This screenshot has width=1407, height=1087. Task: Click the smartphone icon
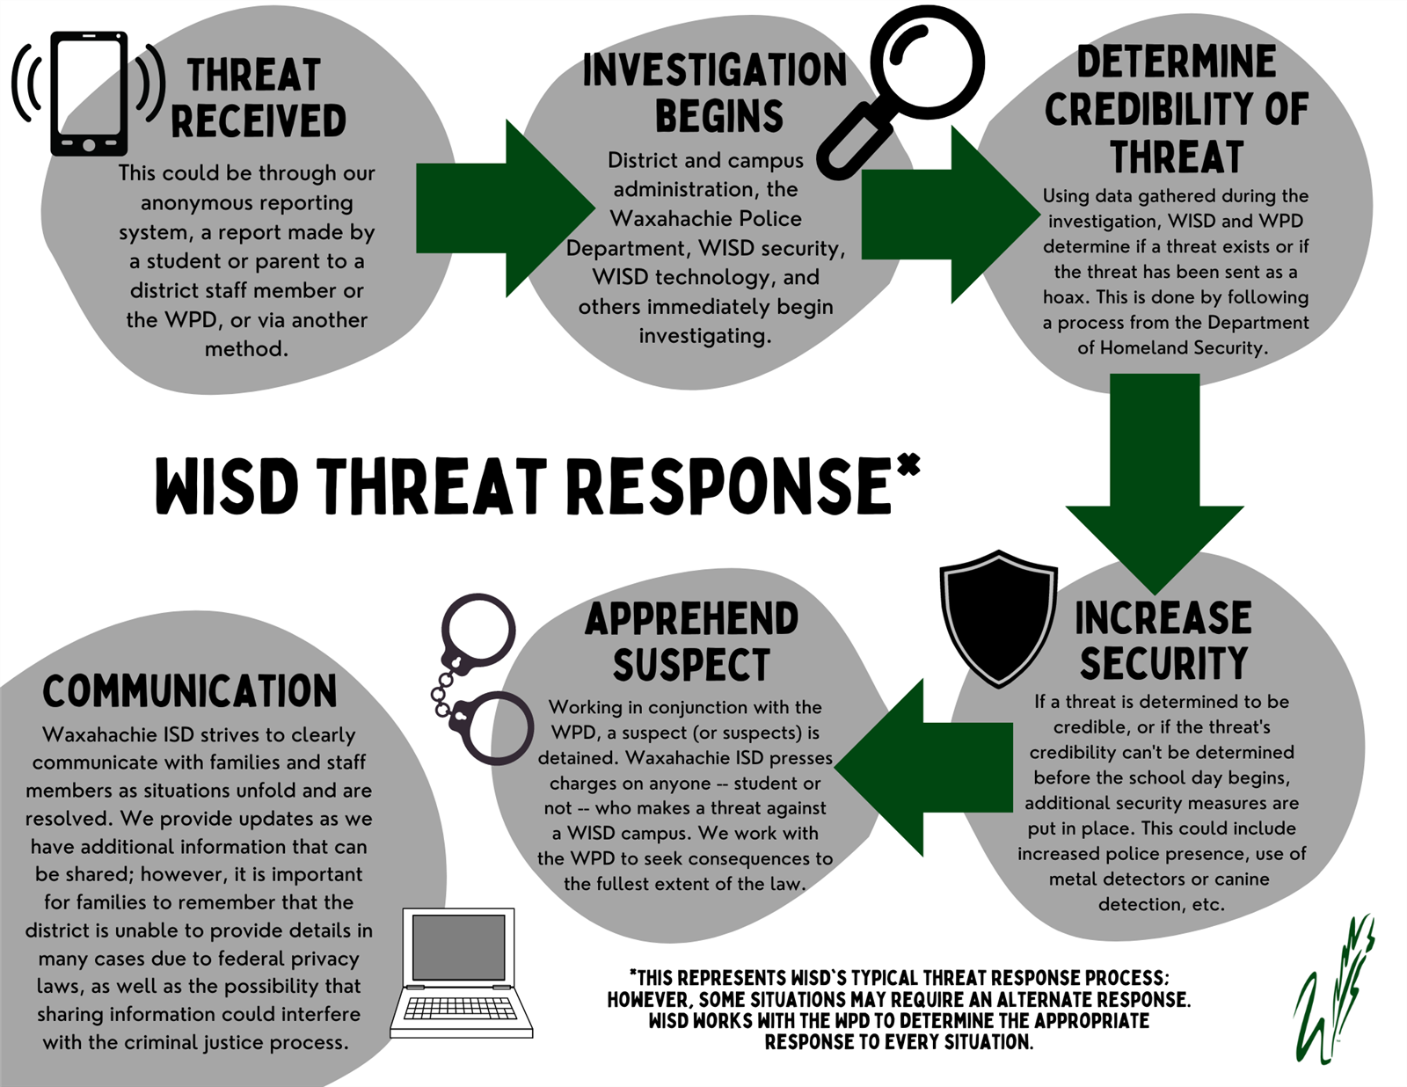89,93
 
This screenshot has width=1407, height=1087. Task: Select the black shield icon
998,618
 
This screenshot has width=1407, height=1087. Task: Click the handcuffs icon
480,680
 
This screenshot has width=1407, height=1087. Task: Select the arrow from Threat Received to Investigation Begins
505,208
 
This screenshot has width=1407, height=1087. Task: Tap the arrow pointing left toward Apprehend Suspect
923,767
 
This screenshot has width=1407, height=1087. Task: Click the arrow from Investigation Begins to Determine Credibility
951,215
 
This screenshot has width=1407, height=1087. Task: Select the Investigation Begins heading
715,92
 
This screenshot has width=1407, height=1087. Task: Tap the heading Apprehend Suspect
691,641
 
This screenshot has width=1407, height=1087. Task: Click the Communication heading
190,690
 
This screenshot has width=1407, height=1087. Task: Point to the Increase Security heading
1163,640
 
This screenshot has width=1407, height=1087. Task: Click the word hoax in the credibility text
1067,297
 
